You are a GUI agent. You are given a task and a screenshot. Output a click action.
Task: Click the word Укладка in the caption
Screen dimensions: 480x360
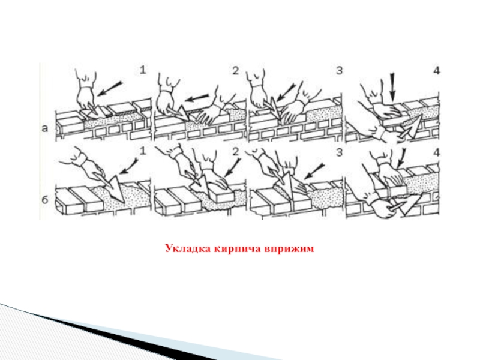(188, 248)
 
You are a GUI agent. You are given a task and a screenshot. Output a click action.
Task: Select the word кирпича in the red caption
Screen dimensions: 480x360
(237, 249)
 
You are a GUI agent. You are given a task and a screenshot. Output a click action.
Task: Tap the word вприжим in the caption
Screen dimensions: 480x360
(289, 249)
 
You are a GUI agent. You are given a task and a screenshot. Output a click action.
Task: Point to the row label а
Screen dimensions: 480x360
(45, 128)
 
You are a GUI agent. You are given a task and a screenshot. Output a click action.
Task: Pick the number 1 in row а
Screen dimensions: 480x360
(143, 70)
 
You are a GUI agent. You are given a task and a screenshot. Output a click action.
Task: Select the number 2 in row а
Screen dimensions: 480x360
(235, 70)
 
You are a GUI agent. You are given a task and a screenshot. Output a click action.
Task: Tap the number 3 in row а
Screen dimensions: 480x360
(339, 70)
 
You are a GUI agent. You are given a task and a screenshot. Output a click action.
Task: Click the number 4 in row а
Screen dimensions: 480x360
(437, 71)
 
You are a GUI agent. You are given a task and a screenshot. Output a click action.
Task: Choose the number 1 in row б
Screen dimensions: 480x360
(143, 151)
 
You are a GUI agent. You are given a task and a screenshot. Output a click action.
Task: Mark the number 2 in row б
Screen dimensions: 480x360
(235, 152)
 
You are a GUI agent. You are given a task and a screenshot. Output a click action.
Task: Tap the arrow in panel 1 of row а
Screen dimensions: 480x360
(110, 88)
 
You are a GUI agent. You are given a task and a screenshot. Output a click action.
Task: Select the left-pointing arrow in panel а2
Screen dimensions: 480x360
(197, 98)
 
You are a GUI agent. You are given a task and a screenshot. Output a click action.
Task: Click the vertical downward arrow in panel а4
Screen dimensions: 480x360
(393, 87)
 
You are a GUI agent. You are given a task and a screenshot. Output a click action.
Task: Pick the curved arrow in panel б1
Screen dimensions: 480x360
(128, 167)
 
